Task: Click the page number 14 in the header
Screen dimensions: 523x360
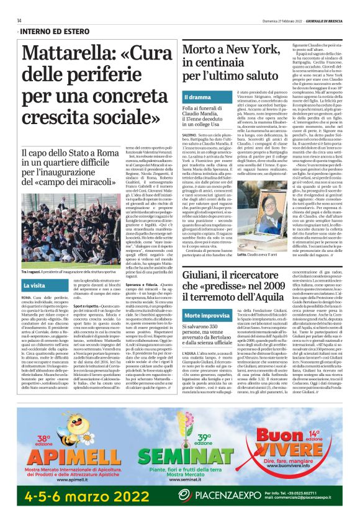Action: point(19,20)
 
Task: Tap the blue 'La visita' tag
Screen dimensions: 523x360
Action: point(34,285)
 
